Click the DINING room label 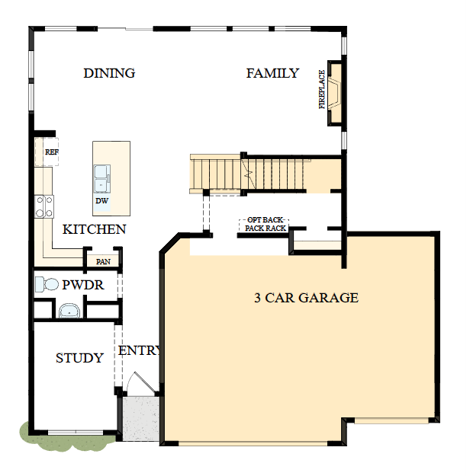pos(109,73)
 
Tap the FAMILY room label pos(272,73)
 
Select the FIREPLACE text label pos(322,90)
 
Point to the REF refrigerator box pos(49,152)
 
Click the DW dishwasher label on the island pos(101,202)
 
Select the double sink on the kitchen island pos(101,181)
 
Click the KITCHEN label pos(94,229)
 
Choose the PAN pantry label pos(102,262)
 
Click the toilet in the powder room pos(47,285)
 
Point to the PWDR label pos(82,286)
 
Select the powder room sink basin pos(69,311)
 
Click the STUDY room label pos(79,358)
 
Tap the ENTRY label pos(140,351)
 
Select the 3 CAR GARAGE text pos(306,298)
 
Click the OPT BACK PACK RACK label pos(266,224)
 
